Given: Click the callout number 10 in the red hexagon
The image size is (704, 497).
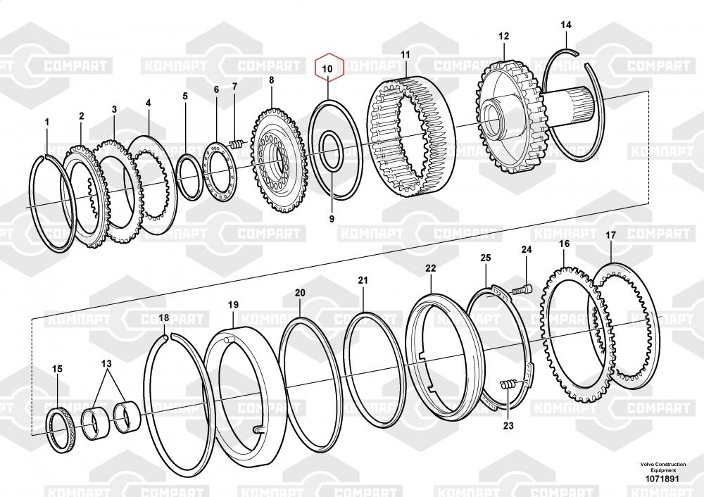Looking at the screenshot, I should pyautogui.click(x=326, y=68).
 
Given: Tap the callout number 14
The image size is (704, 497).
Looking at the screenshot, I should pyautogui.click(x=565, y=25).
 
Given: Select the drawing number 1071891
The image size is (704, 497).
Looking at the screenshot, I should pyautogui.click(x=662, y=479).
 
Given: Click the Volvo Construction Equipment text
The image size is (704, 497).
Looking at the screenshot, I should pyautogui.click(x=662, y=467).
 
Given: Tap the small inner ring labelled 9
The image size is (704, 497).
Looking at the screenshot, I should pyautogui.click(x=331, y=149).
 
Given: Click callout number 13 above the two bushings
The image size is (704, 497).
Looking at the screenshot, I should pyautogui.click(x=106, y=363).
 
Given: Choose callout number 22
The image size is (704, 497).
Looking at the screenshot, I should pyautogui.click(x=430, y=268).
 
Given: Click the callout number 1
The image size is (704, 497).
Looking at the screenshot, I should pyautogui.click(x=47, y=122).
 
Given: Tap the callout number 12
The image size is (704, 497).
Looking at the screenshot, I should pyautogui.click(x=503, y=36).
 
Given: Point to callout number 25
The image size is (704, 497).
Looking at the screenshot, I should pyautogui.click(x=485, y=258).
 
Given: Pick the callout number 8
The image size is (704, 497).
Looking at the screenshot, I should pyautogui.click(x=271, y=81).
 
